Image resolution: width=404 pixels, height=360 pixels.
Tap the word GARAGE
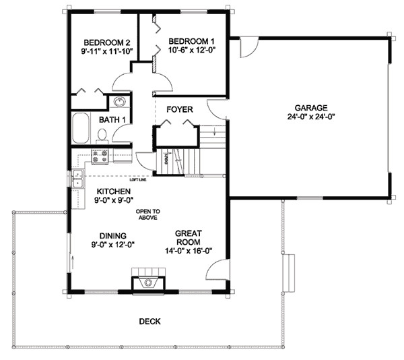[x=310, y=107]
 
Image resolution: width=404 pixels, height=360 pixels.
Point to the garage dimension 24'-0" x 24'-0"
[x=310, y=116]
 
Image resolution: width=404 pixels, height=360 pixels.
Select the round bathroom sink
[x=120, y=102]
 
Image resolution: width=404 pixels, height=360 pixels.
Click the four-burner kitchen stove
[x=100, y=156]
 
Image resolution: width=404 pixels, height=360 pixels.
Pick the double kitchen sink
[x=77, y=179]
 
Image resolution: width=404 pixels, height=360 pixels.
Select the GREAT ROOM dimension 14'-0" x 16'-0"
[x=189, y=251]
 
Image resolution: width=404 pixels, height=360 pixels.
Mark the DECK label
[x=149, y=322]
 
